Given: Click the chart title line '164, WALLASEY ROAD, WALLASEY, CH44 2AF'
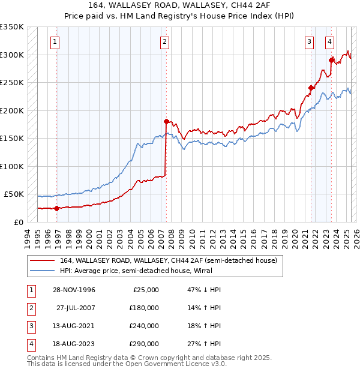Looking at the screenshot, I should click(x=180, y=5).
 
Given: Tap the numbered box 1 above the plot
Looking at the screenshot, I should click(x=55, y=42).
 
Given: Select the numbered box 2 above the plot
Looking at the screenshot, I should click(x=164, y=42).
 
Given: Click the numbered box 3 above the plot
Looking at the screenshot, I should click(x=309, y=42).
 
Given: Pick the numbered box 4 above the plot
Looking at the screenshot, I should click(x=330, y=42).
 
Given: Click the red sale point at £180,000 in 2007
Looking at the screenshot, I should click(x=166, y=121).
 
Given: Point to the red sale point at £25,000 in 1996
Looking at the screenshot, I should click(x=57, y=208).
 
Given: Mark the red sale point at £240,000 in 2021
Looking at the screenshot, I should click(x=311, y=88).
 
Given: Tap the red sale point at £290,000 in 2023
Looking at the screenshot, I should click(x=331, y=59).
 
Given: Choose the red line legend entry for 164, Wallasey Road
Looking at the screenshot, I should click(x=168, y=260).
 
